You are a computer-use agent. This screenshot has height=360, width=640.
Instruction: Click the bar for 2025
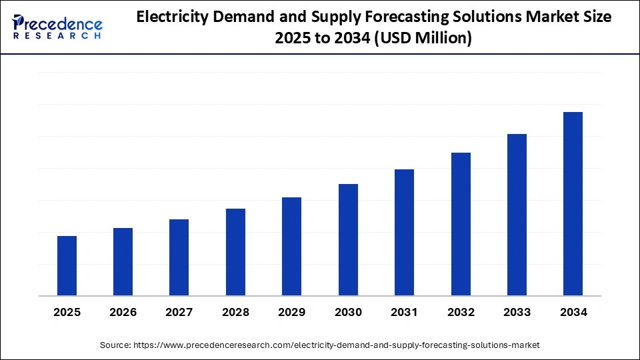(x=67, y=265)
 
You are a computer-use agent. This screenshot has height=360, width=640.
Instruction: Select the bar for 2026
(x=123, y=261)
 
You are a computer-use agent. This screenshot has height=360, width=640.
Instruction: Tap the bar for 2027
(x=179, y=257)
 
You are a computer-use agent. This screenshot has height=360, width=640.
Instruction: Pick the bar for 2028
(x=235, y=252)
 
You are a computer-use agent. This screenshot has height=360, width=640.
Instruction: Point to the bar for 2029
(x=291, y=246)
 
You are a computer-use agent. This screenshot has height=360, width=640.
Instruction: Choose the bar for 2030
(x=348, y=239)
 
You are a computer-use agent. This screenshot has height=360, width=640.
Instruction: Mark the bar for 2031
(x=404, y=232)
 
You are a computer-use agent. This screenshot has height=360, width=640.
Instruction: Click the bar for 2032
(x=461, y=224)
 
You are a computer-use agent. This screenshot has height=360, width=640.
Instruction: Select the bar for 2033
(x=517, y=215)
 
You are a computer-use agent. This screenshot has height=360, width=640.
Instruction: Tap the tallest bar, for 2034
(x=573, y=203)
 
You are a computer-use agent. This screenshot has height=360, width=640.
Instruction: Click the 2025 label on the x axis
(x=67, y=312)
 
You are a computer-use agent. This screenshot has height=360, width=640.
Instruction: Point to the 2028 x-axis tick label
(x=235, y=312)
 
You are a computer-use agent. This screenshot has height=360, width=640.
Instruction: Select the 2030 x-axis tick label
(x=348, y=312)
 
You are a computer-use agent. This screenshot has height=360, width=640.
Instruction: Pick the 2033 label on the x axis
(x=517, y=312)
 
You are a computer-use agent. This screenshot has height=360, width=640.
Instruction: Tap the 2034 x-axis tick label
(x=573, y=312)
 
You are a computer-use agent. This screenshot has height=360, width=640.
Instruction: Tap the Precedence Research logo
(x=57, y=27)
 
